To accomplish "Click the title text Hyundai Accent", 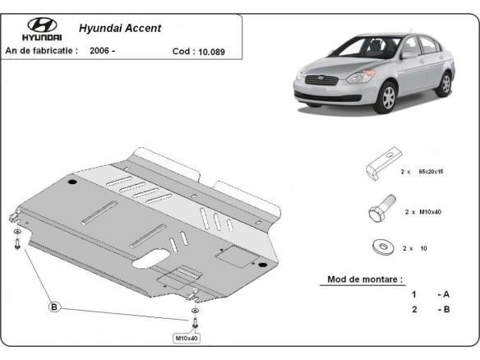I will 120,27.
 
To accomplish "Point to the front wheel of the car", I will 387,96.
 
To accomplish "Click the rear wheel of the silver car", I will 445,83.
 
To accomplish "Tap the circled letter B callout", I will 55,307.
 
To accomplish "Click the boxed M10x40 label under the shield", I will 185,338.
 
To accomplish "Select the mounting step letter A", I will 446,294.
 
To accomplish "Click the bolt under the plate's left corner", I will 17,244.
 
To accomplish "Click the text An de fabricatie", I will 42,50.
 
